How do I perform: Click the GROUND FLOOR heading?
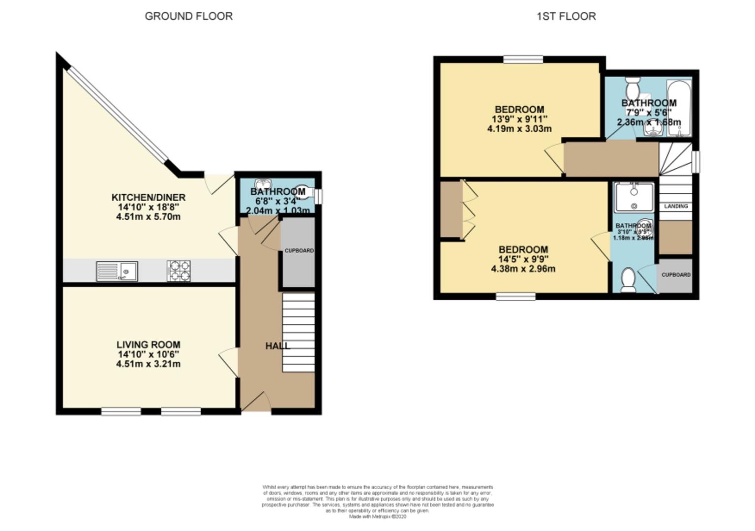[x=188, y=16]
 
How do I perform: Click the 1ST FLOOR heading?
[x=566, y=16]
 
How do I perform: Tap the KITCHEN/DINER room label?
[x=148, y=198]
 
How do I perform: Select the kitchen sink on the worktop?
[x=117, y=271]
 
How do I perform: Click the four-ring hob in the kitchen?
[x=179, y=271]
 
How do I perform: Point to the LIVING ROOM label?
[x=148, y=345]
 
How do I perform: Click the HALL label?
[x=277, y=346]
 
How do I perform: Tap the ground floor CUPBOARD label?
[x=299, y=251]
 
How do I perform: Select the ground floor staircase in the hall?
[x=298, y=332]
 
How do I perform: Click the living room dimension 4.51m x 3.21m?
[x=148, y=364]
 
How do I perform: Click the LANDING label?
[x=676, y=206]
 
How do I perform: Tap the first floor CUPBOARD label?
[x=675, y=275]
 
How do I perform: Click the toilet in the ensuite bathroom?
[x=628, y=280]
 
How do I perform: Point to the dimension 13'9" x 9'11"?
[x=519, y=119]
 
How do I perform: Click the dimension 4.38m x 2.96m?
[x=523, y=269]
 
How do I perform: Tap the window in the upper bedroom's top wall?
[x=523, y=59]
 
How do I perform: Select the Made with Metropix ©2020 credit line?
[x=378, y=517]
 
